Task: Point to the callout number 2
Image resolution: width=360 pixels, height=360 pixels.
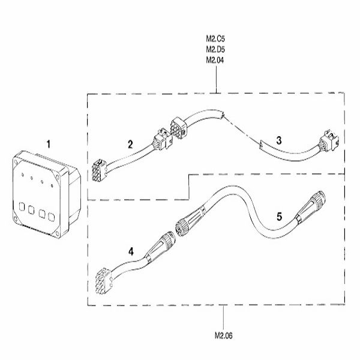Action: (x=130, y=144)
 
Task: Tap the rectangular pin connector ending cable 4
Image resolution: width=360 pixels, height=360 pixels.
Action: (x=105, y=280)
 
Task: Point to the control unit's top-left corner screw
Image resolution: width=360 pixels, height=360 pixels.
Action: (x=17, y=161)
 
